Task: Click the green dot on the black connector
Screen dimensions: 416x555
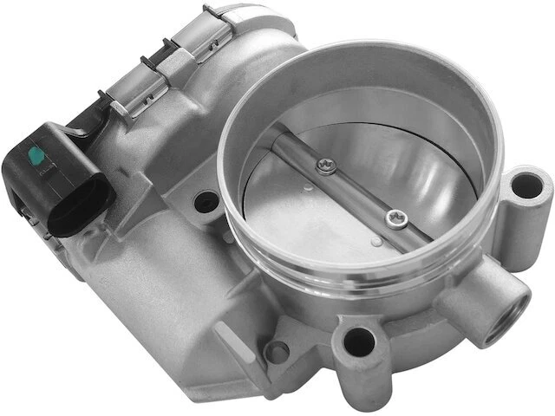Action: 37,157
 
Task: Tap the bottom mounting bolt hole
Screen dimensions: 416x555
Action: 358,344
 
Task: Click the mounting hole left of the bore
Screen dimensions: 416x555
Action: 206,203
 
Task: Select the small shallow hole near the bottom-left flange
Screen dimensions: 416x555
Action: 277,352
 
